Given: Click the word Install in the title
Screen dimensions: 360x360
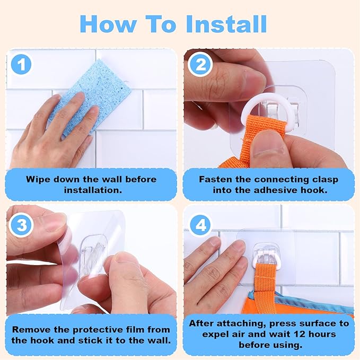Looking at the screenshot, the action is (x=226, y=24).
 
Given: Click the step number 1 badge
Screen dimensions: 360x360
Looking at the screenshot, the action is (x=21, y=65).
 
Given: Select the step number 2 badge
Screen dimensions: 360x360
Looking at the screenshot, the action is (x=200, y=65).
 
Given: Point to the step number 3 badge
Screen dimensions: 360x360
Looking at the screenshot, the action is (x=21, y=225).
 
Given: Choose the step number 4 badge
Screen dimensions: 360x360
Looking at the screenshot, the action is (x=200, y=225).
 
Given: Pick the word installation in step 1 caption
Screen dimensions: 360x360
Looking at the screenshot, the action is (x=93, y=190).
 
